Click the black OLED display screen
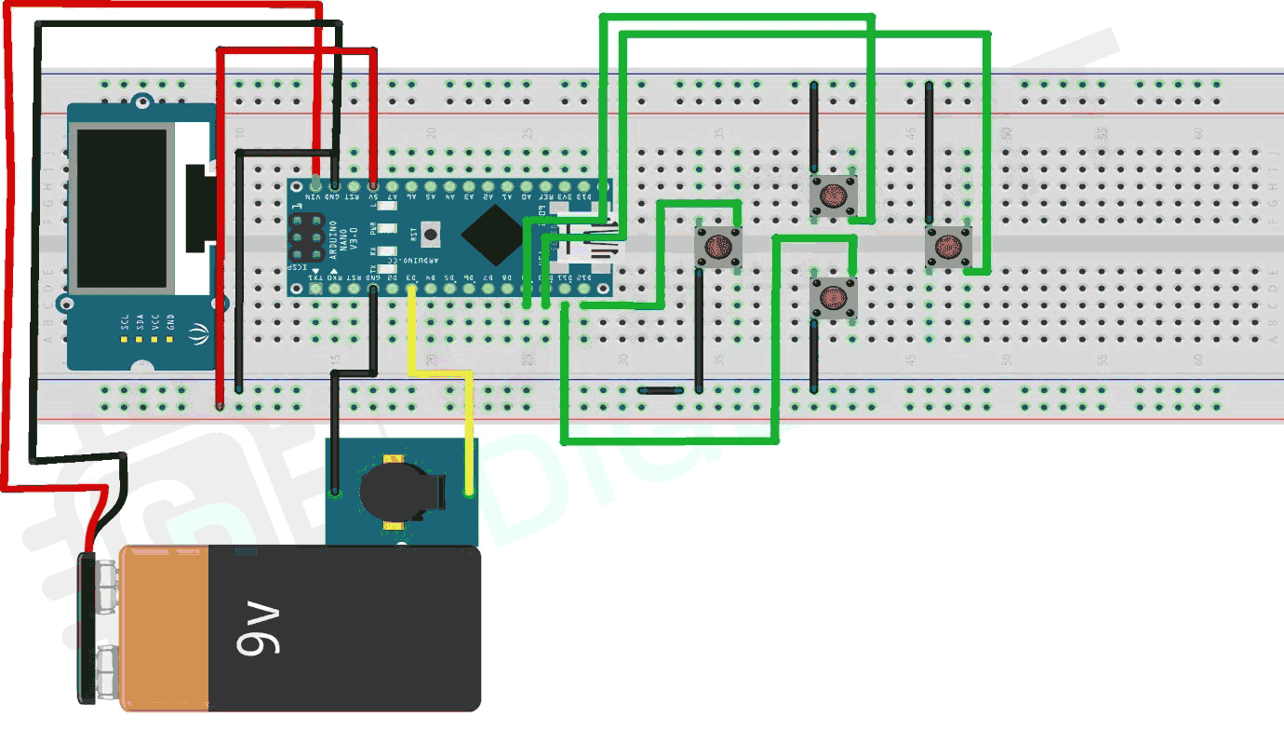(124, 209)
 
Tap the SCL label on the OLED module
(124, 324)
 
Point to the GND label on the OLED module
(170, 324)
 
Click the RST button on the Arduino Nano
(431, 233)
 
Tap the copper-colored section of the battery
(163, 629)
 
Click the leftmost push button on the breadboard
(718, 247)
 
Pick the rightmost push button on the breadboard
(948, 247)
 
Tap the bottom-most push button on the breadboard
(833, 297)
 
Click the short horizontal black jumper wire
(662, 392)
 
